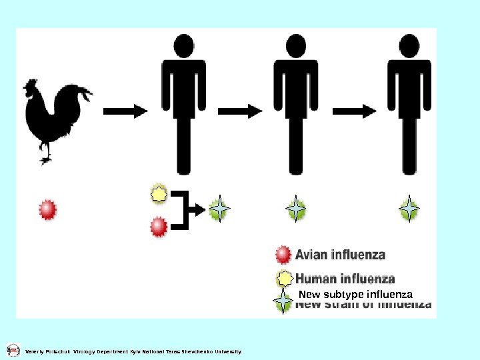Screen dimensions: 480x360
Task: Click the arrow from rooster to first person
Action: click(x=125, y=111)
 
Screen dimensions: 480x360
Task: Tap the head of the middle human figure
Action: click(x=297, y=46)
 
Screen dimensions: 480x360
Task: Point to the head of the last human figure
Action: click(x=409, y=46)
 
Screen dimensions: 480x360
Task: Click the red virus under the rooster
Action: click(x=47, y=209)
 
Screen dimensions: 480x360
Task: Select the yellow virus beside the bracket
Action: click(x=159, y=195)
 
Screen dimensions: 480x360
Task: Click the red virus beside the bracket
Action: click(x=159, y=227)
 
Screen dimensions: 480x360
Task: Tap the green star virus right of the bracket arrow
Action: click(x=219, y=209)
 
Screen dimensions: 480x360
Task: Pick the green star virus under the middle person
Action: click(x=296, y=209)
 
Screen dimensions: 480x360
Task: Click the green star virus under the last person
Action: click(x=409, y=209)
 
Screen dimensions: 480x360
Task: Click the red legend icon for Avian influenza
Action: click(x=283, y=255)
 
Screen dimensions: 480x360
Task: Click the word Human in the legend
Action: click(x=316, y=279)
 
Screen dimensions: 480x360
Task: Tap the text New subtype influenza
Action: click(x=355, y=294)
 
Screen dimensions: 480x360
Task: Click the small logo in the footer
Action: click(x=13, y=350)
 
